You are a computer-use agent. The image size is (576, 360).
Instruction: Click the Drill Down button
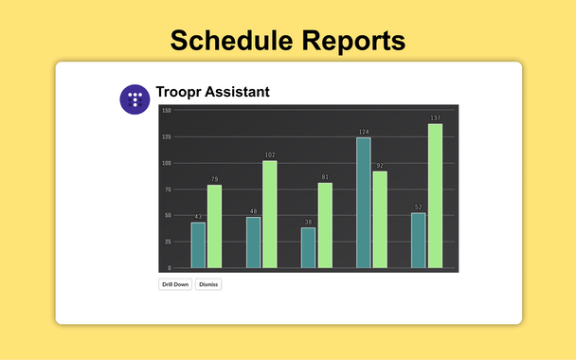click(175, 284)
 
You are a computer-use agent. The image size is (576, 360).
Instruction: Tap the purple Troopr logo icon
click(135, 99)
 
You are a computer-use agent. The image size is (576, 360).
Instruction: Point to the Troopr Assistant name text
click(212, 92)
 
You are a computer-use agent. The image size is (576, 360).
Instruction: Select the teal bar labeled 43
click(198, 245)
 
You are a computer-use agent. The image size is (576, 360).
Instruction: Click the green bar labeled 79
click(215, 226)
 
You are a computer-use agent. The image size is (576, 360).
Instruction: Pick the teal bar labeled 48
click(253, 243)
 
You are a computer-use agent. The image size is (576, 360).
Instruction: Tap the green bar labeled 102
click(270, 214)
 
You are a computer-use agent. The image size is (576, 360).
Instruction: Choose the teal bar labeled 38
click(308, 247)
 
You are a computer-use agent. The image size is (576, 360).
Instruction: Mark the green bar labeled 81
click(325, 225)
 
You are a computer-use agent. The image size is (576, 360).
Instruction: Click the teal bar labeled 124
click(364, 203)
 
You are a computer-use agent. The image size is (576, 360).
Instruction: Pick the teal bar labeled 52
click(418, 241)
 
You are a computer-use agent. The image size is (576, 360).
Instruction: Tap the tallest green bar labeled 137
click(435, 196)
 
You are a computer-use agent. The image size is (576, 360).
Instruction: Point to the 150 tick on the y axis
click(166, 111)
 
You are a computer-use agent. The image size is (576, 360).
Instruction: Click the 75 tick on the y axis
click(167, 189)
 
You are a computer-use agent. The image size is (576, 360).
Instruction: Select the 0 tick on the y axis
click(169, 268)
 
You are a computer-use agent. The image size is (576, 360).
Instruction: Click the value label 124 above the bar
click(363, 133)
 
